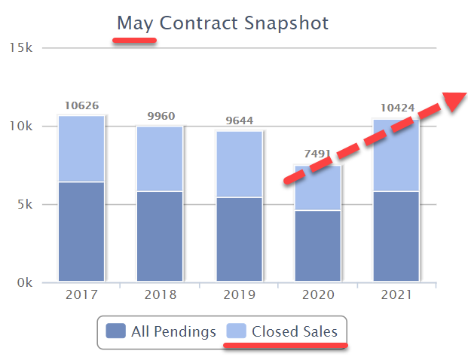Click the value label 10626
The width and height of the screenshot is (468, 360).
click(x=81, y=106)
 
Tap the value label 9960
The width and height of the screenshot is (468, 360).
click(x=160, y=116)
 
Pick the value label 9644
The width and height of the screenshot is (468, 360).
click(x=239, y=121)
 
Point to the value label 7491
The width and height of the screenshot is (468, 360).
click(x=317, y=154)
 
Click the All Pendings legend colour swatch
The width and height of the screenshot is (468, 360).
click(x=116, y=331)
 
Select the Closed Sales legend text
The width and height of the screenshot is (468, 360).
click(x=295, y=331)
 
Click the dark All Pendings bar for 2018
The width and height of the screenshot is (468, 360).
click(x=160, y=236)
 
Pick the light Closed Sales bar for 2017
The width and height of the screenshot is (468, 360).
click(x=81, y=148)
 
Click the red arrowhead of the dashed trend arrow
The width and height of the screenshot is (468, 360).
click(x=455, y=102)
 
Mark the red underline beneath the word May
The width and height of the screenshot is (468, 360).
click(x=135, y=41)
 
